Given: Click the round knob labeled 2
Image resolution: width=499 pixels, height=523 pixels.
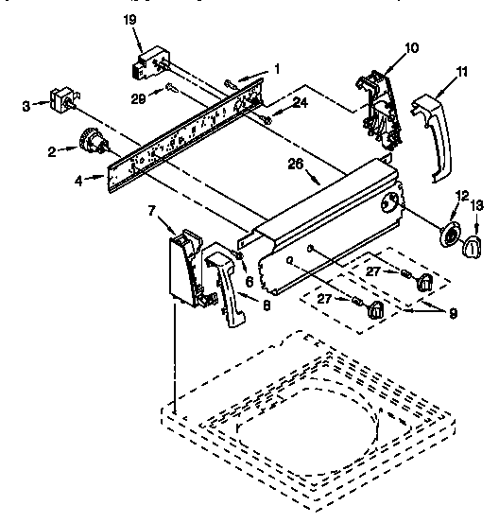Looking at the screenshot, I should [x=92, y=141].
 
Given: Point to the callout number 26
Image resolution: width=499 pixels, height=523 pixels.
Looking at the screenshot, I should [x=295, y=163].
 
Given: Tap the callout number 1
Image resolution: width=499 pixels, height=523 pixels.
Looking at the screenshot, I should [x=277, y=67].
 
